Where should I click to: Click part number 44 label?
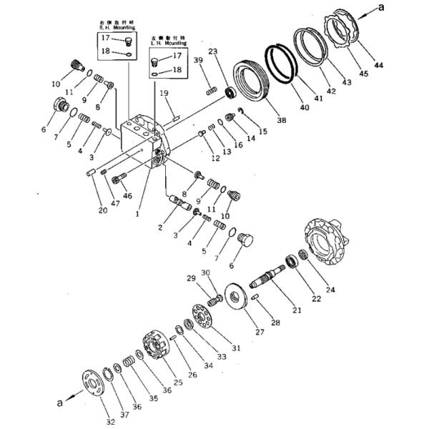click(x=378, y=65)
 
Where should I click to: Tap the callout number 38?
click(x=282, y=120)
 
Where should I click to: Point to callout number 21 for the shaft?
click(x=297, y=310)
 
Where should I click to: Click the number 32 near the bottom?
click(x=109, y=421)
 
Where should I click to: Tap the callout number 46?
click(x=128, y=194)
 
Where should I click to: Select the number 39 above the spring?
click(x=197, y=61)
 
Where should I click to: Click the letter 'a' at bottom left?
click(x=61, y=403)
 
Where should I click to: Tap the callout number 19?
click(x=164, y=93)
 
